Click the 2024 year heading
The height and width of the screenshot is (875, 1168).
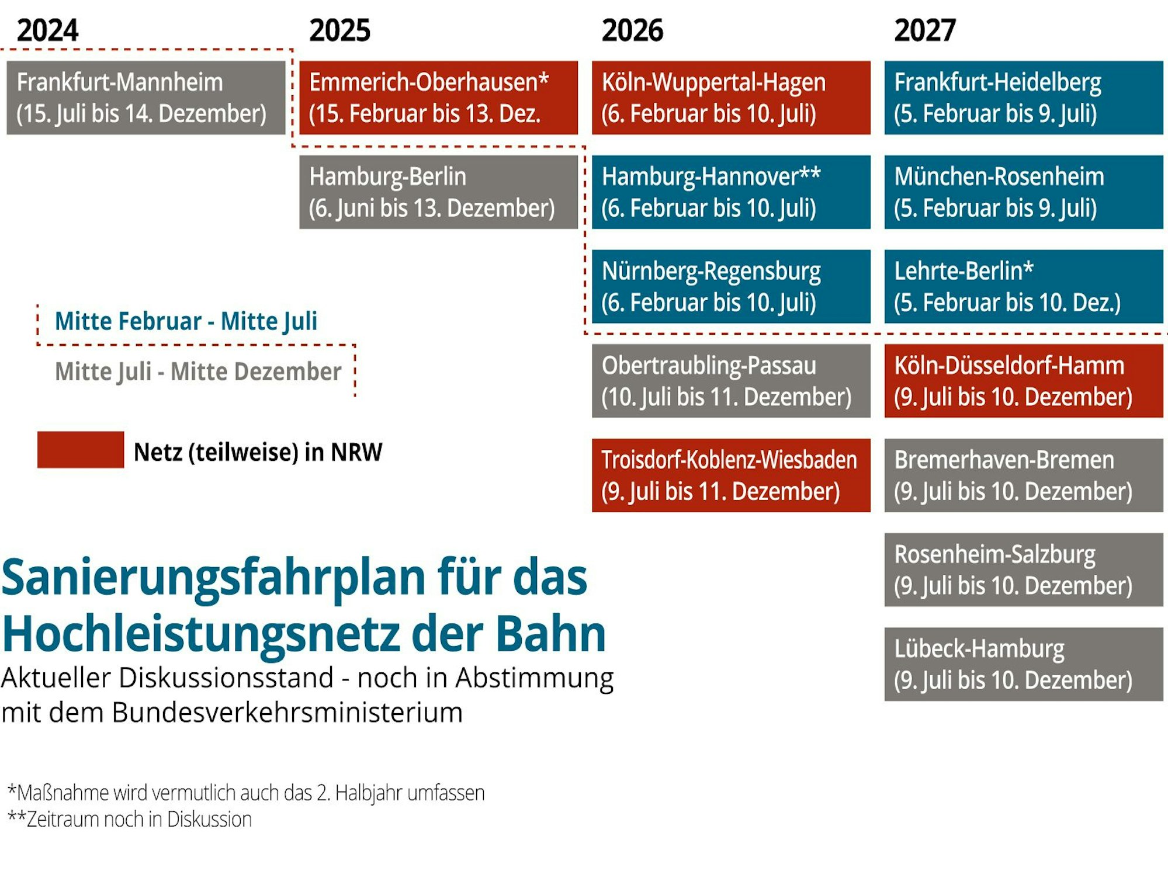47,30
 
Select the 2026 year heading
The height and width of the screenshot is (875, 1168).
632,30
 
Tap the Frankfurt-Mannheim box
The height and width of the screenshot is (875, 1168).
146,98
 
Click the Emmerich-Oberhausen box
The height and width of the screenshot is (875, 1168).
438,98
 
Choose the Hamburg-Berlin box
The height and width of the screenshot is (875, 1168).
438,192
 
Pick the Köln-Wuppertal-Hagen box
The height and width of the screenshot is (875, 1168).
731,98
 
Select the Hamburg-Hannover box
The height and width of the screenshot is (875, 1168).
731,192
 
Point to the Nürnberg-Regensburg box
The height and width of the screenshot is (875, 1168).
731,286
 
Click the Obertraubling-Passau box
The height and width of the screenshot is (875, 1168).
731,381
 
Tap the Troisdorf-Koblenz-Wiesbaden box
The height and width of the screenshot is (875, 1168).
731,475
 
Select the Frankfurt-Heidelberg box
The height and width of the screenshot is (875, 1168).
1024,98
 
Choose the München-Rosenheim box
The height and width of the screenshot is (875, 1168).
1024,192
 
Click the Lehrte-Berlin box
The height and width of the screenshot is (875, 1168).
1024,286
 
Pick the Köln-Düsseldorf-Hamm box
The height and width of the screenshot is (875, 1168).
1024,381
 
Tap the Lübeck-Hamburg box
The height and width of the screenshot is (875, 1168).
1024,664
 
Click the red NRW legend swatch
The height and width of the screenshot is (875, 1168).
81,450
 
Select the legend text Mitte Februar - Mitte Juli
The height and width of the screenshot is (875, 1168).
186,321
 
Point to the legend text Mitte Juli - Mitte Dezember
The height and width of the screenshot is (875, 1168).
197,371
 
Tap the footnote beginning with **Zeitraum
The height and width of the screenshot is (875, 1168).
130,820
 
